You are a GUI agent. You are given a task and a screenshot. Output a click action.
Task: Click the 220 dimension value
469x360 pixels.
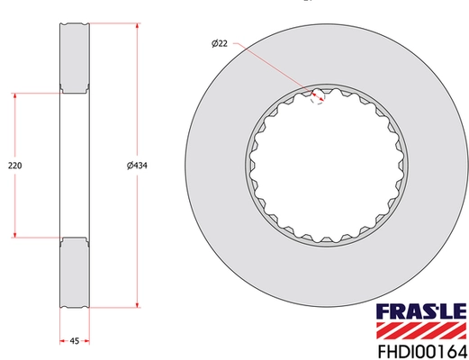tap(14, 165)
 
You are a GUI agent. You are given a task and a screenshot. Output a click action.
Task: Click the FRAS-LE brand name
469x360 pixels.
tap(403, 311)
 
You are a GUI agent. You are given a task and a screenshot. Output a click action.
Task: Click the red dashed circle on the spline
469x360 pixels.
tap(316, 94)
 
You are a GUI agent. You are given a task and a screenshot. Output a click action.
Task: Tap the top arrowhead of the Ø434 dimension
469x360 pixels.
tap(137, 27)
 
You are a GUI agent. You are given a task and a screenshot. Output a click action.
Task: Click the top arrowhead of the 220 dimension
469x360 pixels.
tap(14, 94)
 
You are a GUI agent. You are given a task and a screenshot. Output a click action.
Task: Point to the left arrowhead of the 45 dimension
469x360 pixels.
tap(62, 340)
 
